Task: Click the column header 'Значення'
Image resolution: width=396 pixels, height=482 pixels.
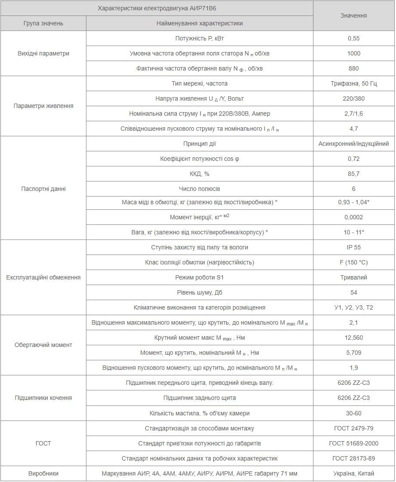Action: click(x=353, y=15)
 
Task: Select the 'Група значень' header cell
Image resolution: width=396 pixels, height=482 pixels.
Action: click(x=43, y=23)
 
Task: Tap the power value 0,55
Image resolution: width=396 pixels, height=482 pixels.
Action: click(x=353, y=38)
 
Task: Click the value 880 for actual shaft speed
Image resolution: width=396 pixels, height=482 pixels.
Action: click(x=353, y=68)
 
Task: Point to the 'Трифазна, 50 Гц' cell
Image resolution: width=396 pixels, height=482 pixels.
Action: click(x=353, y=83)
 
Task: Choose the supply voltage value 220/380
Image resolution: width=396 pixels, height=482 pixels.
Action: click(x=353, y=98)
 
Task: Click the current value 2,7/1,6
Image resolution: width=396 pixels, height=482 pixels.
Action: click(x=353, y=114)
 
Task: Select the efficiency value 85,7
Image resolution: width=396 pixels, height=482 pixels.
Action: click(x=353, y=174)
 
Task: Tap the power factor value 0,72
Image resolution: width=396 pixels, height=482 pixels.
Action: click(x=353, y=159)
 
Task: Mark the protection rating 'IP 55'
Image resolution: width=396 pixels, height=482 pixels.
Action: click(x=353, y=247)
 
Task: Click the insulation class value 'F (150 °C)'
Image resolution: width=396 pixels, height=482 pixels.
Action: click(x=353, y=262)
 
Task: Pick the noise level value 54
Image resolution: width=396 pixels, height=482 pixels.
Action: click(x=353, y=292)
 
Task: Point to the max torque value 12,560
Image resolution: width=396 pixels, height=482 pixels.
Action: click(x=353, y=338)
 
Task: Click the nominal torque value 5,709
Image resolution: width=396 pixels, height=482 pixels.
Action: click(x=353, y=353)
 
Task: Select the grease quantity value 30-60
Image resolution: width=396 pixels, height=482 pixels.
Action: click(x=353, y=413)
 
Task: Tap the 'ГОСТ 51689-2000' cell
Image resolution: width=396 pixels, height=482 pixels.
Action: click(x=353, y=443)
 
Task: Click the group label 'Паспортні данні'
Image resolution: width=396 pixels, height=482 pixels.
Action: click(x=43, y=189)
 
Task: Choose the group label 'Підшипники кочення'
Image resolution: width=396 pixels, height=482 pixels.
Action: click(x=43, y=398)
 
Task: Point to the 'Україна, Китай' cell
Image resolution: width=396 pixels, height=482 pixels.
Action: click(x=353, y=473)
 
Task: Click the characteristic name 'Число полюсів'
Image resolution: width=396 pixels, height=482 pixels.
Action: click(x=200, y=189)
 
